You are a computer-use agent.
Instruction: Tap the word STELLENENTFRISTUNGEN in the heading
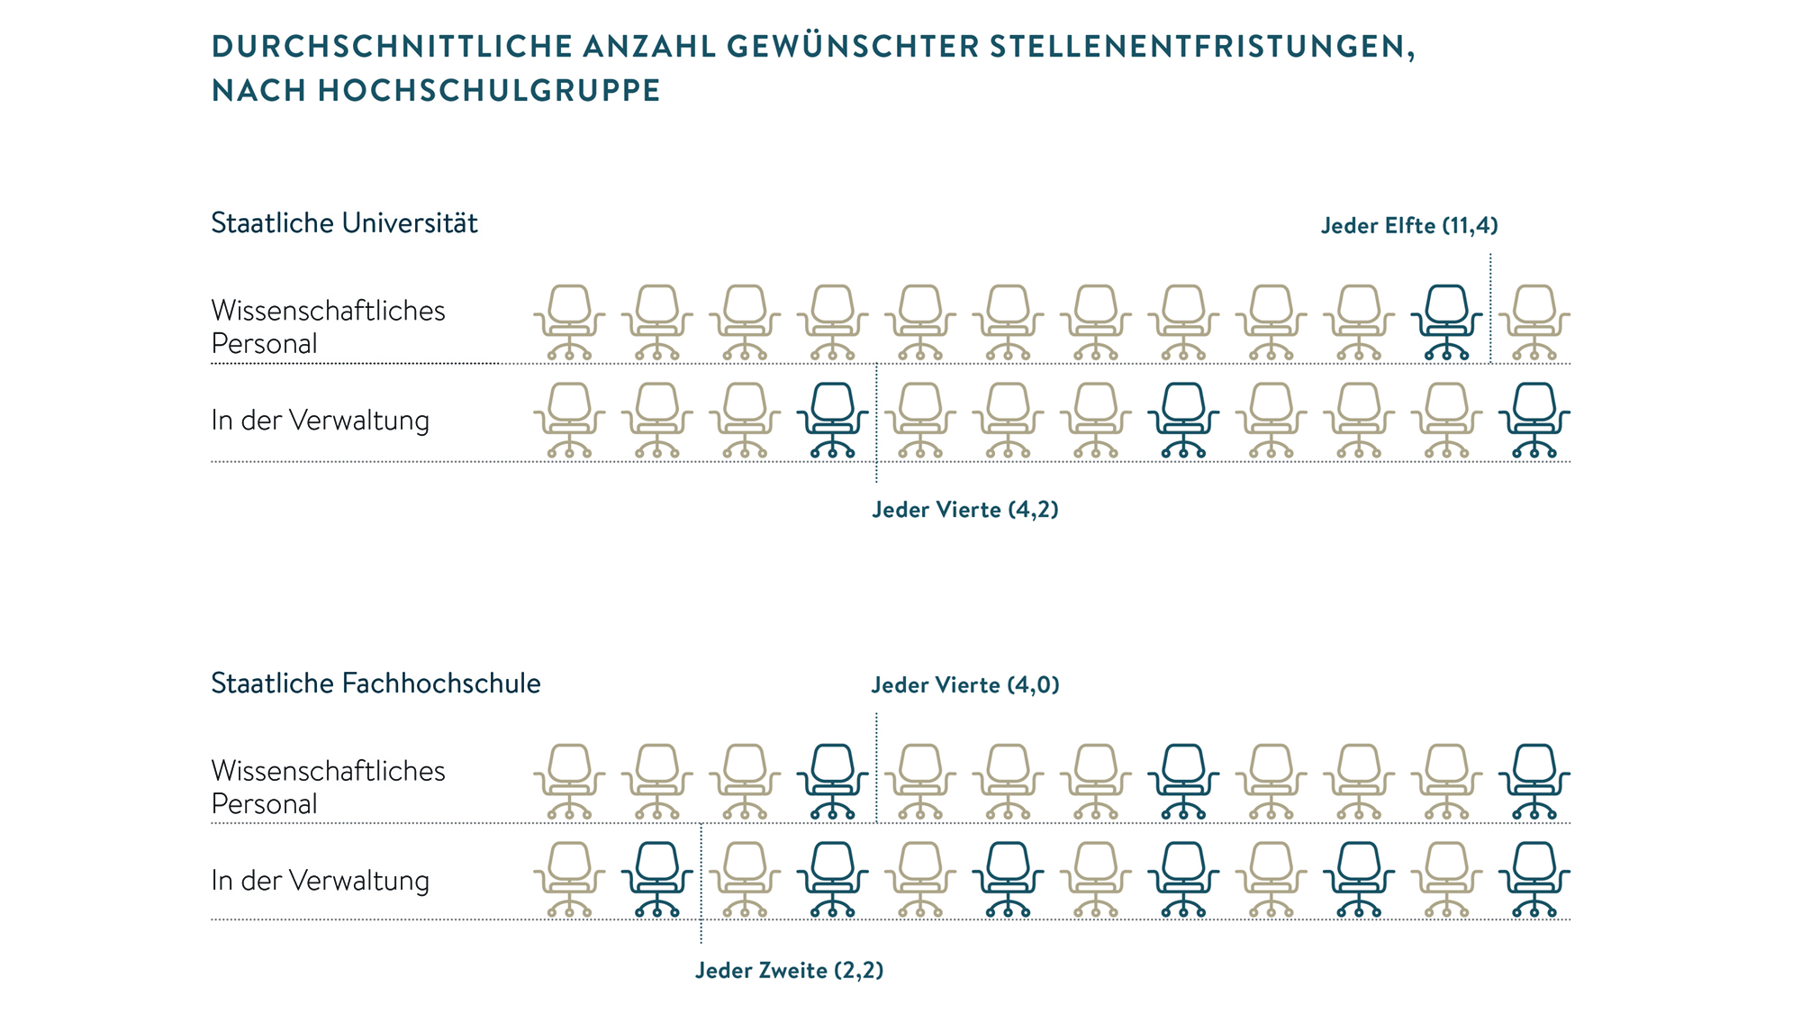1202,47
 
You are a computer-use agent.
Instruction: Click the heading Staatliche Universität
344,223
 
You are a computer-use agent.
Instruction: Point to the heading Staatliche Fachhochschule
376,684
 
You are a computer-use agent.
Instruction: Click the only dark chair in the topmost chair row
1447,322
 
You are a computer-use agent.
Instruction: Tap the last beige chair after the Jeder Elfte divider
1534,322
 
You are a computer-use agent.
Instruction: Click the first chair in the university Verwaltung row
569,420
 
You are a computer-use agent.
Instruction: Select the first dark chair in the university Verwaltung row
833,420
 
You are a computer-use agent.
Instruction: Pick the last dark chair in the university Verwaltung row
1534,420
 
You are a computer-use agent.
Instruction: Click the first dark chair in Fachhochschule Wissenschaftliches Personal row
833,781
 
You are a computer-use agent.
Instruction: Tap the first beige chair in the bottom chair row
569,879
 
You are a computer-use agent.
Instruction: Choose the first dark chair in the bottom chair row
657,879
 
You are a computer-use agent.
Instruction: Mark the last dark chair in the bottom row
1534,879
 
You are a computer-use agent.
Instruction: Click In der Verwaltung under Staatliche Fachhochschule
320,881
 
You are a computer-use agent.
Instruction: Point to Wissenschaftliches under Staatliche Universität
328,311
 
